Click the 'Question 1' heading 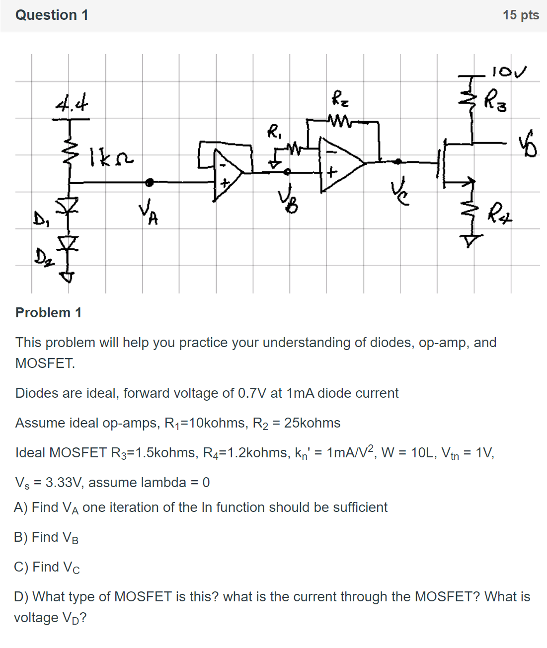coord(52,15)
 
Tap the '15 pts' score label coord(520,15)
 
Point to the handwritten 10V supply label coord(509,72)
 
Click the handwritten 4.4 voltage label coord(72,105)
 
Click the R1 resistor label coord(274,132)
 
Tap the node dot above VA coord(149,183)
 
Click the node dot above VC coord(397,161)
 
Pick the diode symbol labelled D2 coord(68,243)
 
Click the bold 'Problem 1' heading coord(48,313)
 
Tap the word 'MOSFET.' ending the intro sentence coord(45,363)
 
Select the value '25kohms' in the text coord(312,423)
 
